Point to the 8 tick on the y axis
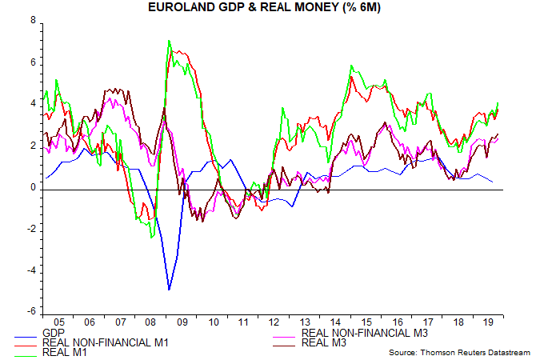pyautogui.click(x=32, y=21)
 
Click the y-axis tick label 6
pyautogui.click(x=32, y=62)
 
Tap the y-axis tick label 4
pyautogui.click(x=32, y=104)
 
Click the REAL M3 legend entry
pyautogui.click(x=323, y=342)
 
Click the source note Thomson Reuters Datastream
pyautogui.click(x=459, y=353)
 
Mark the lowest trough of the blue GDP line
pyautogui.click(x=169, y=289)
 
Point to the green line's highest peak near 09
pyautogui.click(x=168, y=41)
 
